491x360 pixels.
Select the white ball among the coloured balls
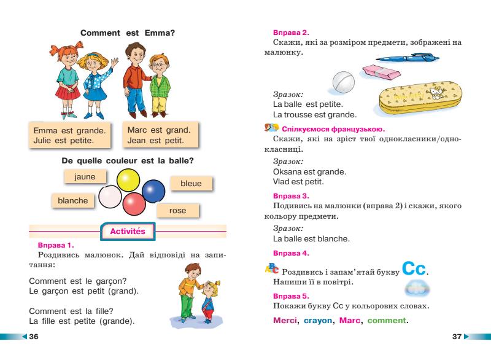pos(111,198)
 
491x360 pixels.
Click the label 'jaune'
pos(85,176)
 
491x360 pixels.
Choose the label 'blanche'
pos(72,200)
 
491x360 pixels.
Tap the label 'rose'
pos(177,211)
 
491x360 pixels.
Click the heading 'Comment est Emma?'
pos(128,33)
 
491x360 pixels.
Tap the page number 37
pos(456,337)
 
